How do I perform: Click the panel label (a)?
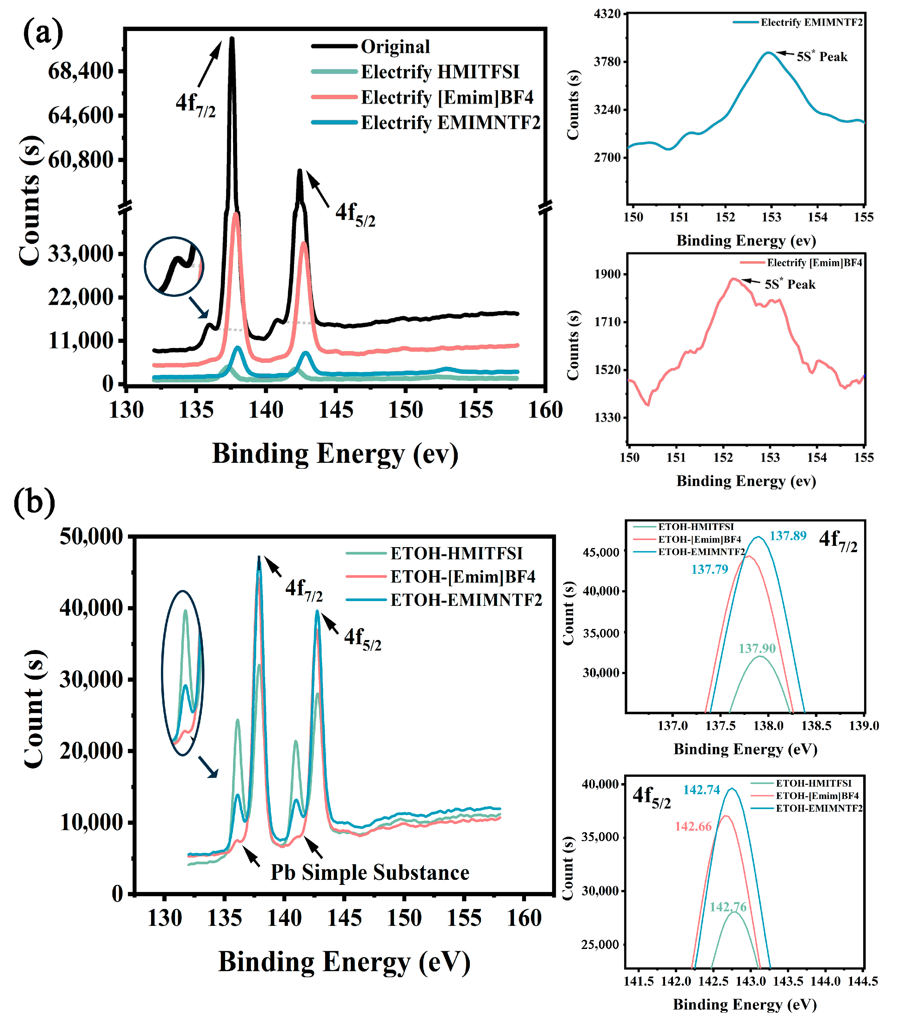(43, 33)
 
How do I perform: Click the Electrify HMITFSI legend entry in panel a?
(440, 72)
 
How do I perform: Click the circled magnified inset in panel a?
(174, 266)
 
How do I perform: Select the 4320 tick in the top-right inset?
(607, 14)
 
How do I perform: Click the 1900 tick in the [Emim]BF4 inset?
(607, 274)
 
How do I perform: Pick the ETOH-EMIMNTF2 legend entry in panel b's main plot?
(466, 600)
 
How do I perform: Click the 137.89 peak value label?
(788, 536)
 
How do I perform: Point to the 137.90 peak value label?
(757, 649)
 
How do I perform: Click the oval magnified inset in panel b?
(183, 672)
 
